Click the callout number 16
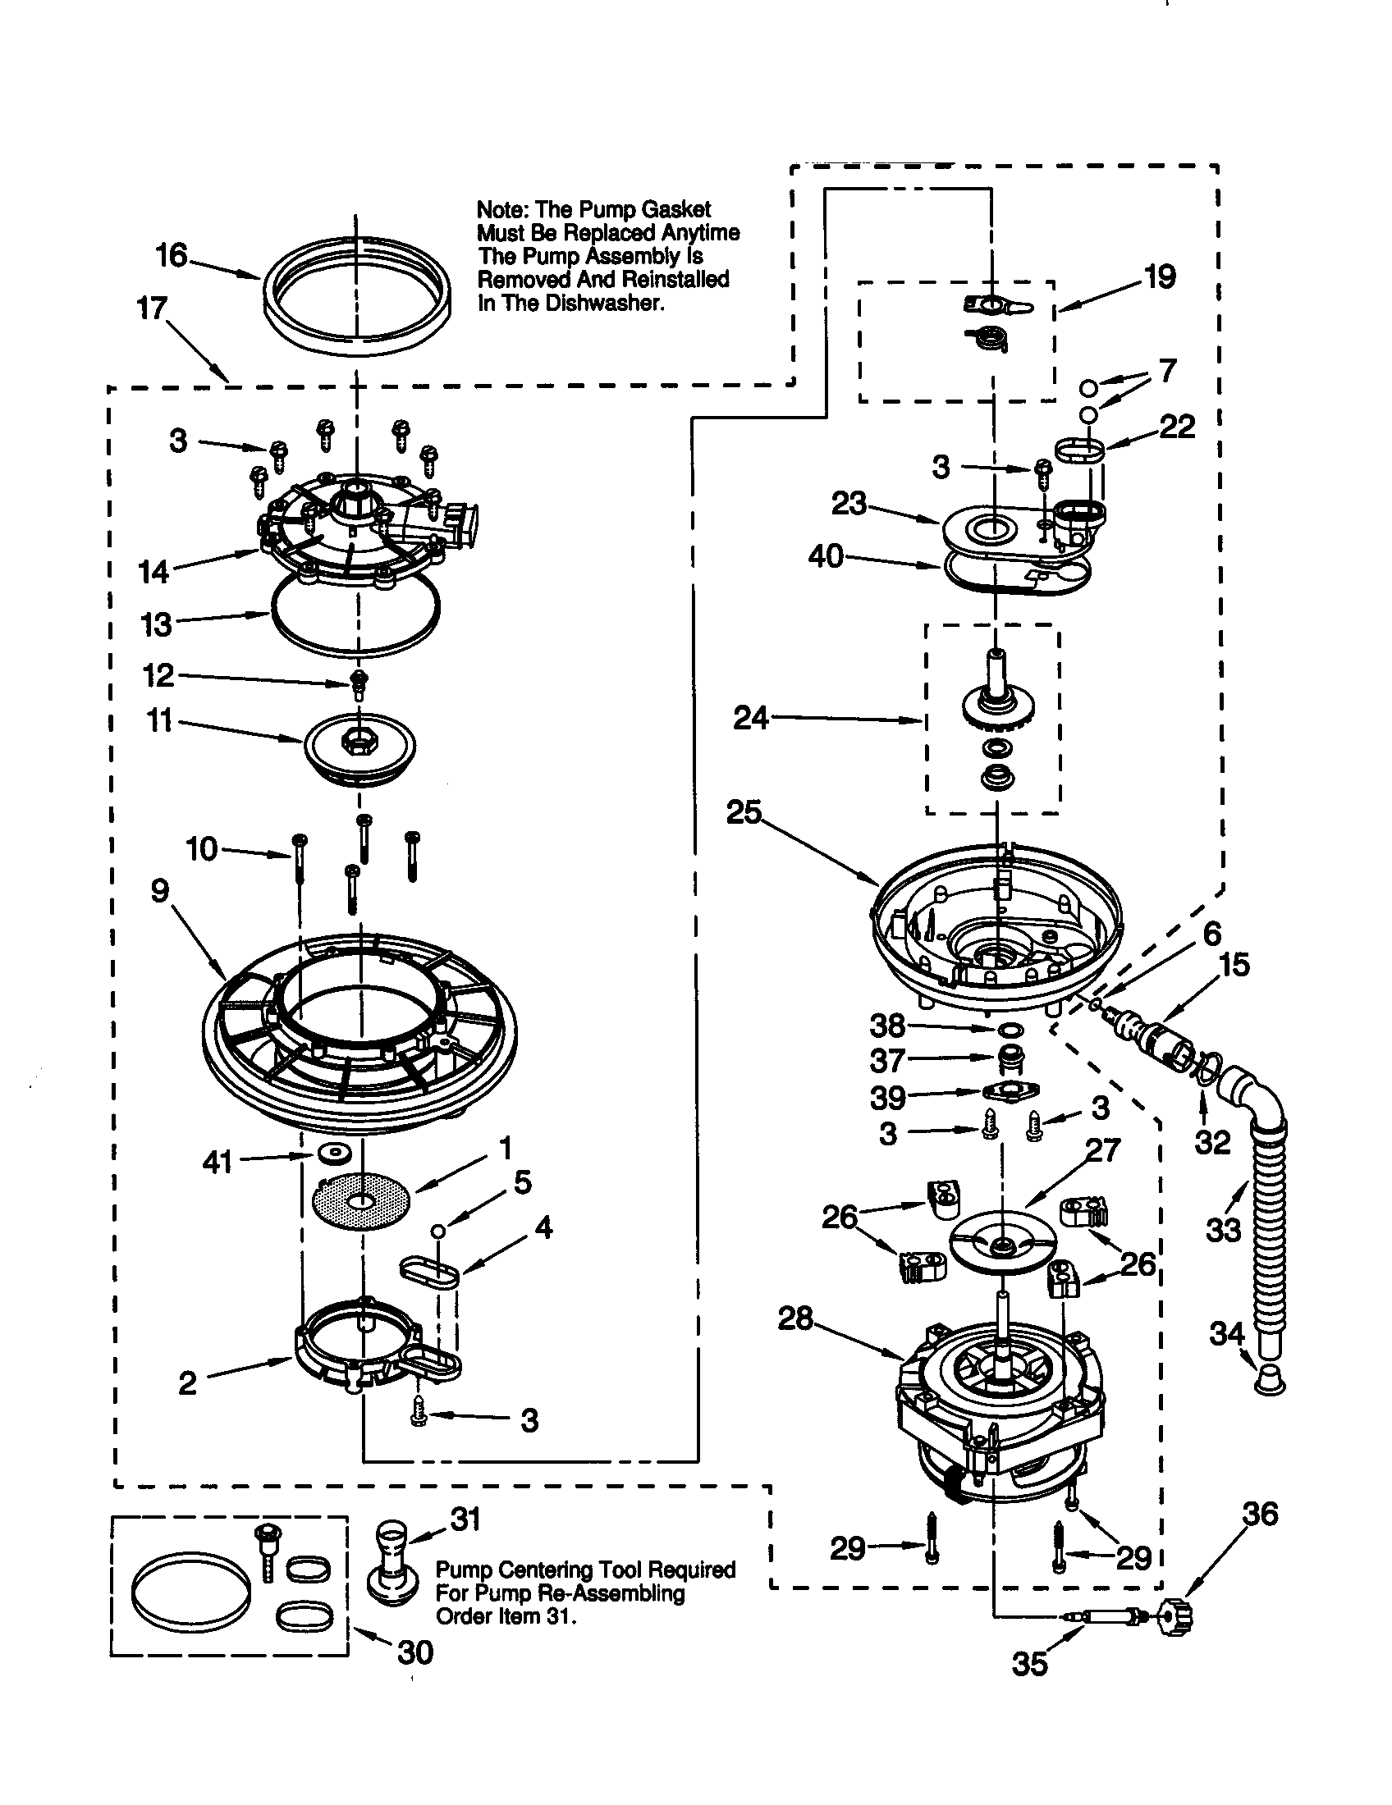[x=172, y=255]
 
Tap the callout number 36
[x=1260, y=1514]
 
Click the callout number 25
[x=743, y=812]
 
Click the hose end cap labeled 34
[x=1269, y=1380]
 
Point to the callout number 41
[x=217, y=1162]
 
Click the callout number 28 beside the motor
[x=795, y=1318]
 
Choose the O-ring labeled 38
[x=1010, y=1029]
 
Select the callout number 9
[x=159, y=890]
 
